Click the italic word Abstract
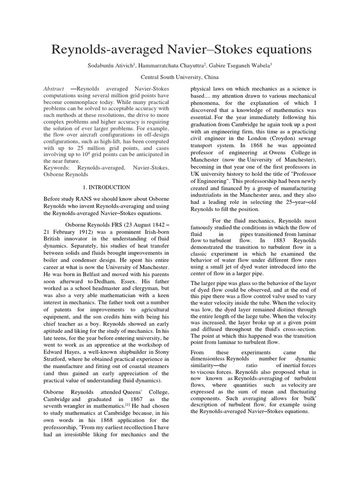coord(53,89)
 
